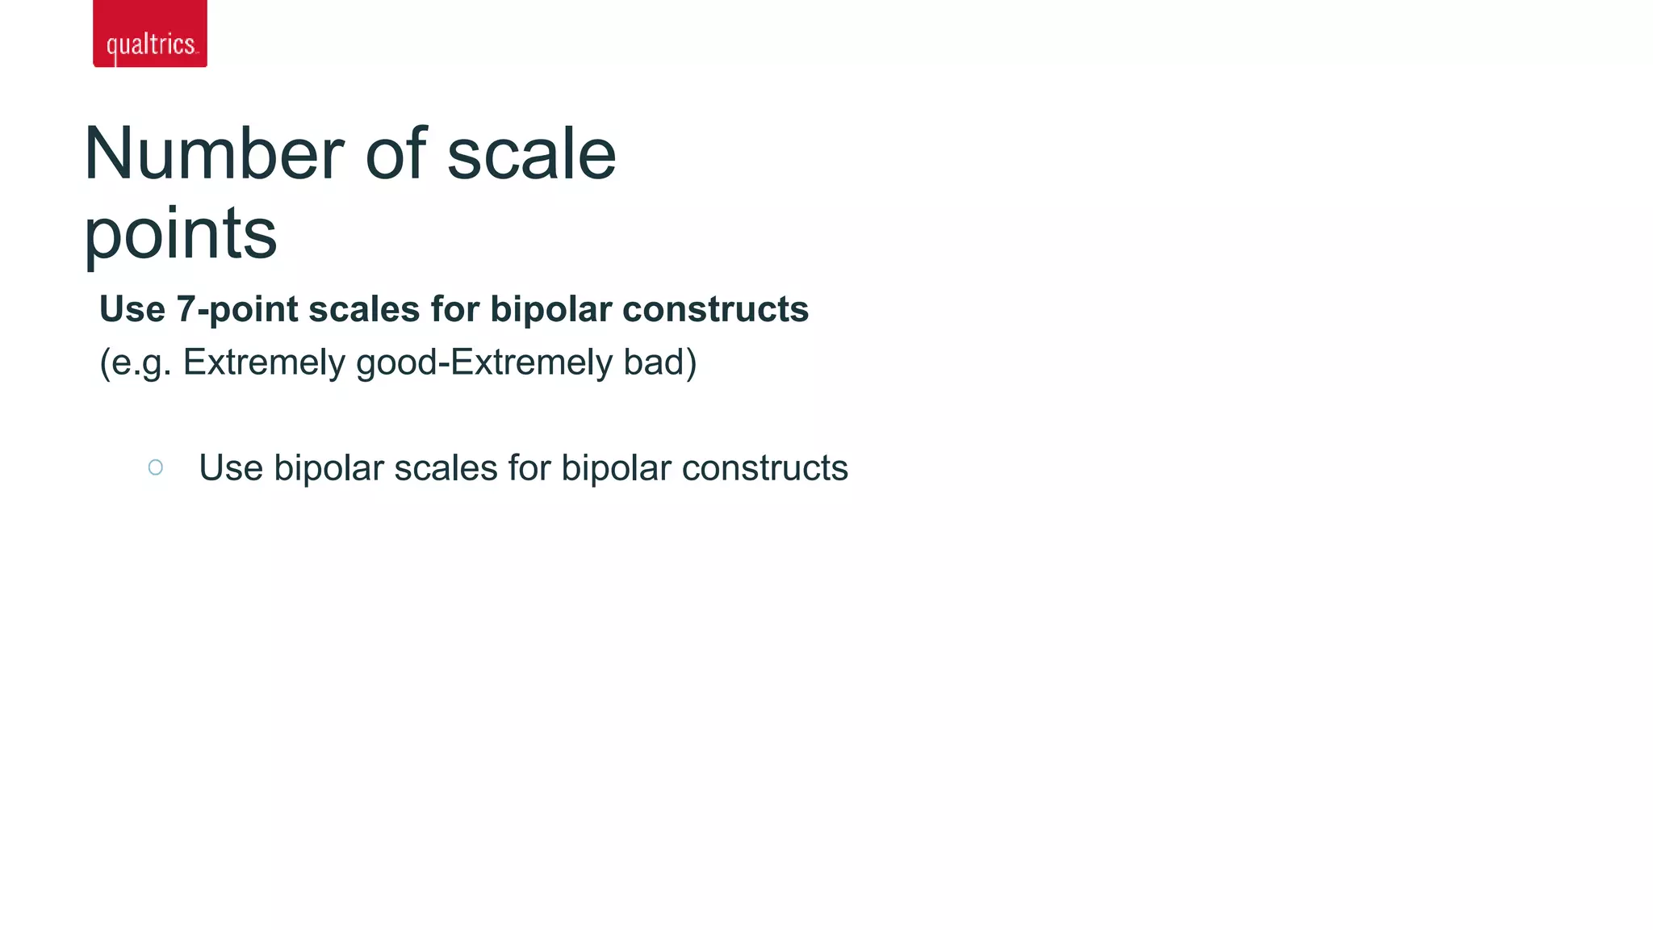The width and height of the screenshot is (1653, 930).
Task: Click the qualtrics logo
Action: [x=150, y=34]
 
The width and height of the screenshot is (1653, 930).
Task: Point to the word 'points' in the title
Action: [x=181, y=234]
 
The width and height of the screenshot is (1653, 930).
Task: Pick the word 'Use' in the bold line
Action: [x=132, y=309]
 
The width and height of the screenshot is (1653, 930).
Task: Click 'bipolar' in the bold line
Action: [x=550, y=309]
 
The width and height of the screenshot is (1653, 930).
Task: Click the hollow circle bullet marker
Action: [x=156, y=467]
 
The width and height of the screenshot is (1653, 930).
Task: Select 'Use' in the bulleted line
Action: [x=231, y=468]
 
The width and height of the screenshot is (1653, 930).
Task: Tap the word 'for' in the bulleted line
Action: [x=529, y=468]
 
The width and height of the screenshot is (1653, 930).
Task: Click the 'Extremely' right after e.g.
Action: [x=264, y=362]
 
